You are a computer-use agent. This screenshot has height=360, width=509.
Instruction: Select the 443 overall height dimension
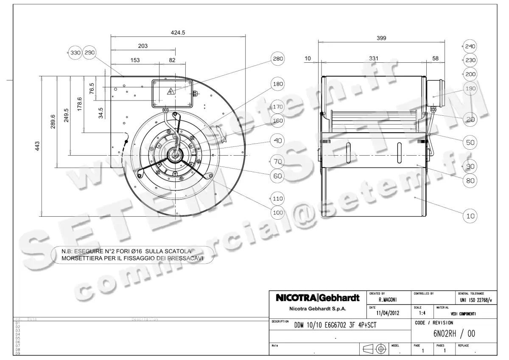(37, 146)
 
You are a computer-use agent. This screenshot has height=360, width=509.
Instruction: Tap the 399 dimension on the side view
(381, 38)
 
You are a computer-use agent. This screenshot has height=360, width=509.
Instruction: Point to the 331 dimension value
(373, 58)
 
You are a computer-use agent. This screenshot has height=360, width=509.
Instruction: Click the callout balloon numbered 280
(277, 59)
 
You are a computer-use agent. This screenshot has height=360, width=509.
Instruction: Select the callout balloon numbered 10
(470, 216)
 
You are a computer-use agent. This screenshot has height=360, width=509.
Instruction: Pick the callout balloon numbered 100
(277, 212)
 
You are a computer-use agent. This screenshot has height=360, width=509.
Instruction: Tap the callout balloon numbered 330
(75, 53)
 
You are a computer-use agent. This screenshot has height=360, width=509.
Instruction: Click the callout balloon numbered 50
(470, 142)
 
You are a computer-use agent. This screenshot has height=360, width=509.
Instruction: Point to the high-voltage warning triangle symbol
(171, 92)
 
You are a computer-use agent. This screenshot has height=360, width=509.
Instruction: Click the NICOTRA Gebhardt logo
(318, 298)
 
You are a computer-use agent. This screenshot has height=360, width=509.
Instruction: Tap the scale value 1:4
(422, 313)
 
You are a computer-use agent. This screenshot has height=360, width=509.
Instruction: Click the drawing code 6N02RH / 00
(454, 334)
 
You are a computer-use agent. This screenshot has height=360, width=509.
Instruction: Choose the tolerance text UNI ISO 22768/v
(476, 300)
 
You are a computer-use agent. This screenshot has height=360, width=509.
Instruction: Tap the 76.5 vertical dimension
(92, 89)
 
